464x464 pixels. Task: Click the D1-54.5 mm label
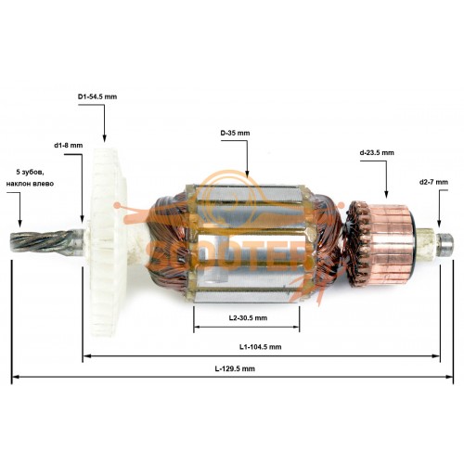97,97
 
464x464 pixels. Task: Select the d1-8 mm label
69,145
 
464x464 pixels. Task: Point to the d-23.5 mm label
377,152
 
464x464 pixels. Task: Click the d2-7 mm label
433,182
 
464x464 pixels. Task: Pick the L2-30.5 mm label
248,318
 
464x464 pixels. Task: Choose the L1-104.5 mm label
260,347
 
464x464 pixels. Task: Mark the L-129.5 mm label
235,368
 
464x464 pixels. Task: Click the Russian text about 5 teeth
30,177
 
